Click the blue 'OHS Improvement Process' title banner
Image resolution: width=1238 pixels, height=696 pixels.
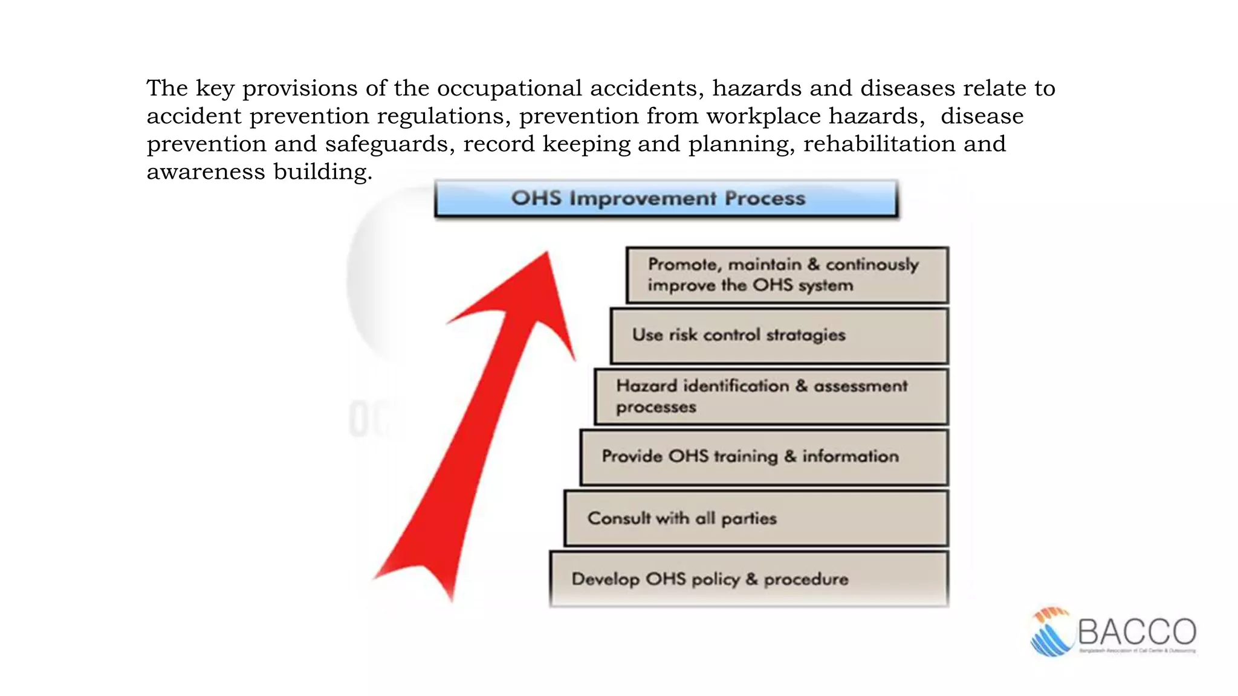(x=666, y=198)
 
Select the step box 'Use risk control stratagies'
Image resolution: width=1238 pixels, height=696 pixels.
(x=779, y=335)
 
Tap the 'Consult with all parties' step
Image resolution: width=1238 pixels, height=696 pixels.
(x=756, y=518)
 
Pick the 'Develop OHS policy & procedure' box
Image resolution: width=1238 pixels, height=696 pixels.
(x=748, y=579)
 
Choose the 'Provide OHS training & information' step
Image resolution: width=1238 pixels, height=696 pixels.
(x=763, y=457)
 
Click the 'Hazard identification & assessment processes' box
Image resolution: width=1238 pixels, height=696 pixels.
(x=771, y=396)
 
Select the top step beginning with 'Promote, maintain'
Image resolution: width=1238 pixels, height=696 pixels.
(x=786, y=275)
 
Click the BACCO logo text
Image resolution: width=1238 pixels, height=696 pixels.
(x=1136, y=632)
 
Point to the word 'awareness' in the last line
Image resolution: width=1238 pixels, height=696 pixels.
(x=206, y=172)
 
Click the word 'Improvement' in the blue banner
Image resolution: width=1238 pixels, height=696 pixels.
(x=643, y=198)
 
